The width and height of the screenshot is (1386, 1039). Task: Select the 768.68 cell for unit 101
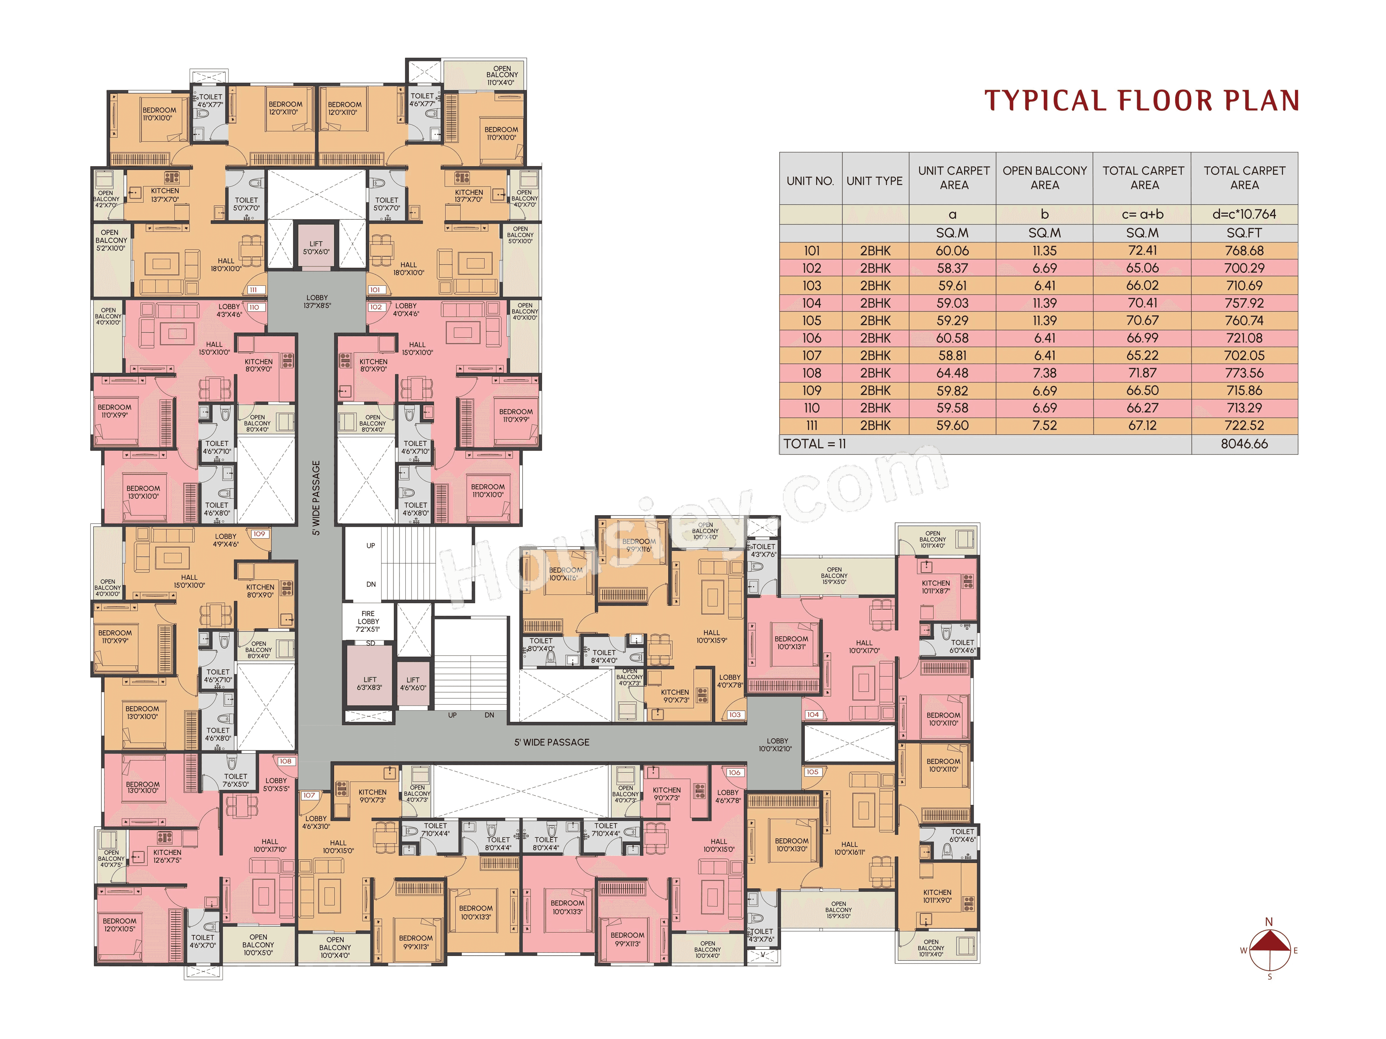point(1244,250)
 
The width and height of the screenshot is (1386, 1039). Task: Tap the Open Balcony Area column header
point(1045,178)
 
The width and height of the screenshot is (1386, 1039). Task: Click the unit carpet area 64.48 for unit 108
point(953,373)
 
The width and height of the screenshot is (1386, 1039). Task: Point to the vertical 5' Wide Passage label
point(317,498)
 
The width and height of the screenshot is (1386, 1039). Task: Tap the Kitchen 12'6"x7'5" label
point(167,856)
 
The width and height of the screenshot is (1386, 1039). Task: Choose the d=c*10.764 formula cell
point(1244,214)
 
